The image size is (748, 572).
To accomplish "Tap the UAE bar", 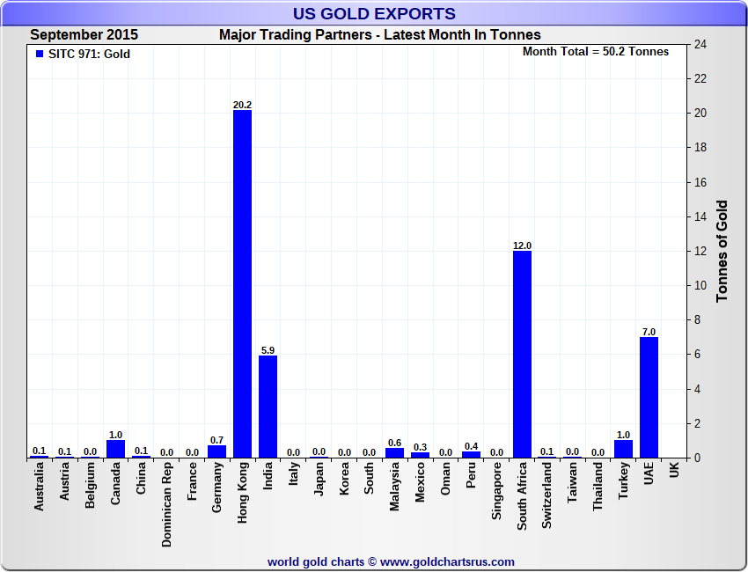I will [x=649, y=397].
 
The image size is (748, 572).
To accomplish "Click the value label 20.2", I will [x=242, y=105].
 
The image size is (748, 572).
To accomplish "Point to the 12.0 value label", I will [x=522, y=246].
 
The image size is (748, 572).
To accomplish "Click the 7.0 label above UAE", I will [x=649, y=332].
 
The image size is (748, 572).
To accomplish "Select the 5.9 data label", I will [x=268, y=350].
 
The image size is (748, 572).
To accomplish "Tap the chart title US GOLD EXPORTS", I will [x=374, y=13].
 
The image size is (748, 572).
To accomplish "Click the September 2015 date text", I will [x=84, y=35].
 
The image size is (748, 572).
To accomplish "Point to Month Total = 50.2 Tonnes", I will [x=595, y=51].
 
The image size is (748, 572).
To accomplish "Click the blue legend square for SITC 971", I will [x=39, y=54].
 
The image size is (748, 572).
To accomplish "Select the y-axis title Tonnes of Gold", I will [x=722, y=252].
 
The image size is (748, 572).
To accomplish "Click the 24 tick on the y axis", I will [x=700, y=44].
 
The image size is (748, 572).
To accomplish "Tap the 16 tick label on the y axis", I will [x=700, y=182].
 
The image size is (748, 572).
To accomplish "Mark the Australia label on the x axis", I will [x=39, y=488].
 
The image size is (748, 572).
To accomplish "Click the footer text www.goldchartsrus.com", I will [x=446, y=561].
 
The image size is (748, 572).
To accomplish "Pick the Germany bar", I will [x=216, y=451].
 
